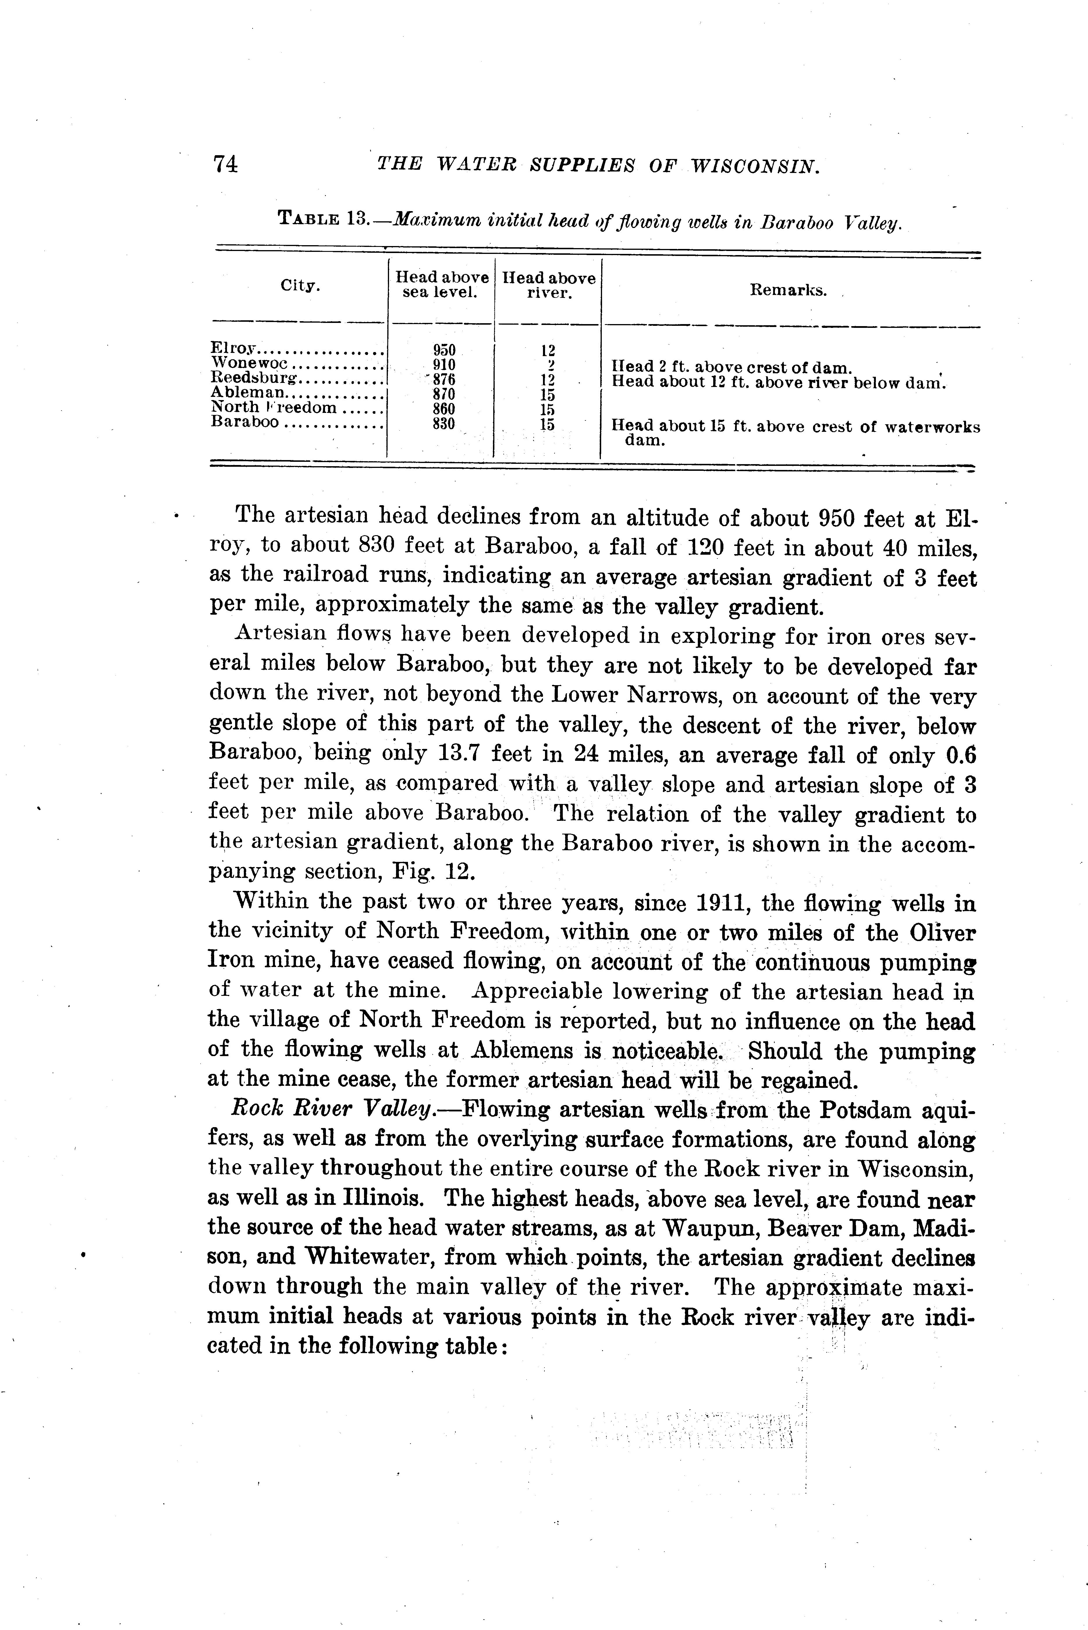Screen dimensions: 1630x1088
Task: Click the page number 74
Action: (226, 164)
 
